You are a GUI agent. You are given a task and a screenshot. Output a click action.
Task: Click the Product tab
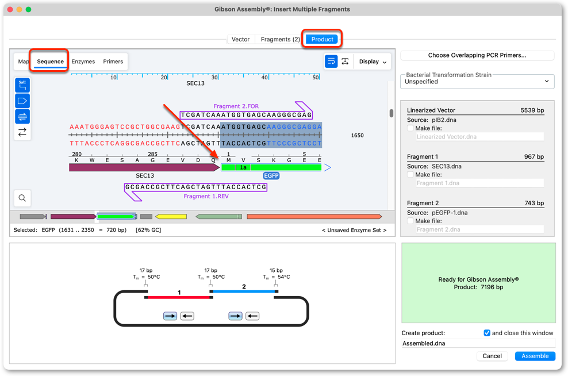(x=322, y=39)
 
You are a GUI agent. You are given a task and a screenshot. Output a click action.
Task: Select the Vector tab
(x=240, y=39)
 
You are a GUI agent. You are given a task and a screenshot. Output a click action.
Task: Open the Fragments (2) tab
(x=280, y=39)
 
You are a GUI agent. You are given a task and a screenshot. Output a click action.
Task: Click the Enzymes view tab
(x=83, y=62)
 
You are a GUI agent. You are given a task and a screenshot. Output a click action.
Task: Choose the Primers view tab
(x=113, y=62)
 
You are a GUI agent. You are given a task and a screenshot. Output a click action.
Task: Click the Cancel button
(x=492, y=356)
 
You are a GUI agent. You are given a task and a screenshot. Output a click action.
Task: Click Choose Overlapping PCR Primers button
(x=477, y=55)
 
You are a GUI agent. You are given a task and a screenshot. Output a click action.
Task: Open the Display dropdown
(x=373, y=62)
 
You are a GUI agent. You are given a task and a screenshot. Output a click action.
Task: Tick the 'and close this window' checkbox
(x=487, y=333)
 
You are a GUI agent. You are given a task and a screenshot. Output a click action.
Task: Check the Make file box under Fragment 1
(x=410, y=175)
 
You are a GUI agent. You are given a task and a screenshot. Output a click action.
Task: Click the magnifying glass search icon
(x=22, y=198)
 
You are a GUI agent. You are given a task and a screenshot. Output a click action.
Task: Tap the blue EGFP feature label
(x=271, y=176)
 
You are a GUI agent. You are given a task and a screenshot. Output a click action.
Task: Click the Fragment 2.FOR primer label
(x=236, y=106)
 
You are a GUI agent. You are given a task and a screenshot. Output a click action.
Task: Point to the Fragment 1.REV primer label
(x=206, y=196)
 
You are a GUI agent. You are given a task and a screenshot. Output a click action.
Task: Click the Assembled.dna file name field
(x=478, y=343)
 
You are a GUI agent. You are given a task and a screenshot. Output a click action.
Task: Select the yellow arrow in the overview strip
(x=171, y=217)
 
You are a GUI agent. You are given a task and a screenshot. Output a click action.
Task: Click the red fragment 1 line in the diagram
(x=179, y=297)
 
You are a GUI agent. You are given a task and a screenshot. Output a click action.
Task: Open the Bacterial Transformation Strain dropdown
(x=477, y=82)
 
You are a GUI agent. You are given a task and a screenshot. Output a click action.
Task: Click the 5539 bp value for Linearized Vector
(x=532, y=110)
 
